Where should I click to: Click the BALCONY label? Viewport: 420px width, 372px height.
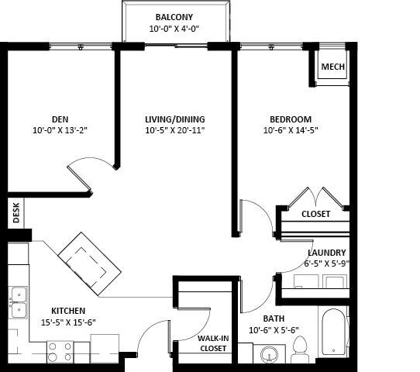point(174,17)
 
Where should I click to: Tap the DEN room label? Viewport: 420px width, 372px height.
point(60,119)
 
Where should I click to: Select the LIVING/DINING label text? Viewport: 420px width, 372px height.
point(175,119)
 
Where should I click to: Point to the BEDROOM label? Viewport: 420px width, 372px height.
point(291,119)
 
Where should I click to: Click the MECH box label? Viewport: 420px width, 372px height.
point(332,67)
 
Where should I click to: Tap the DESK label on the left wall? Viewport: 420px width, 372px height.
point(15,213)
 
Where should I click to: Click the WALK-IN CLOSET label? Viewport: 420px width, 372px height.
point(213,343)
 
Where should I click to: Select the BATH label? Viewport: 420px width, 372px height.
point(274,319)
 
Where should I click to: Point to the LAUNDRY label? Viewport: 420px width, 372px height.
point(326,253)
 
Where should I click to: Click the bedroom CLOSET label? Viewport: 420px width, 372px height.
point(315,214)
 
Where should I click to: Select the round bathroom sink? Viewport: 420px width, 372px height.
point(269,356)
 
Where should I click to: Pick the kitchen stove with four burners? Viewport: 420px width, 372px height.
point(60,352)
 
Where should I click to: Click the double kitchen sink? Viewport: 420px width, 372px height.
point(18,302)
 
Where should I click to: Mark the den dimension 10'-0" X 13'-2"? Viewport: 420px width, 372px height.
point(60,130)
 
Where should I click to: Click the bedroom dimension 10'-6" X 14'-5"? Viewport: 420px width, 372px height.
point(291,130)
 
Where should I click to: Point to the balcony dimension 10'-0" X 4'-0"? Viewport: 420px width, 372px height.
point(174,29)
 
